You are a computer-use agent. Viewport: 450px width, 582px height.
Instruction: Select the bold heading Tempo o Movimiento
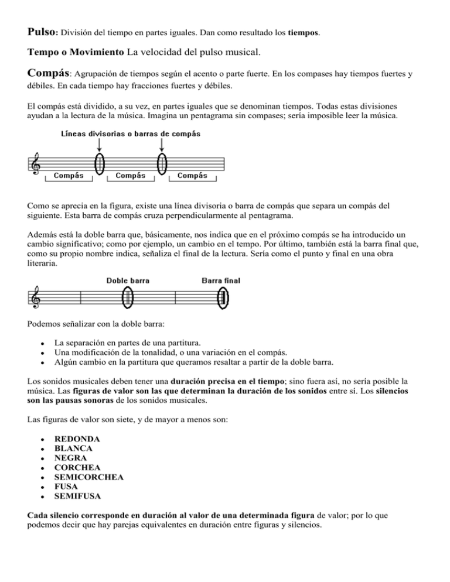pos(76,53)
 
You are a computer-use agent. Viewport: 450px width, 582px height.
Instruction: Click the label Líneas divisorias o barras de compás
pos(131,133)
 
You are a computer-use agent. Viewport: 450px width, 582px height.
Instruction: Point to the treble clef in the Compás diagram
pos(36,164)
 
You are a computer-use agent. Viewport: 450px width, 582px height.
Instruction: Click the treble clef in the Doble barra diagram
pos(36,299)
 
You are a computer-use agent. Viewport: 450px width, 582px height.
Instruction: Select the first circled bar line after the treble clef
pos(99,163)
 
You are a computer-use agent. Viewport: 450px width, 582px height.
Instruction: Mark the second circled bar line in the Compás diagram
pos(162,163)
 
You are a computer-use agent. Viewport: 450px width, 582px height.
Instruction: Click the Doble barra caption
pos(127,280)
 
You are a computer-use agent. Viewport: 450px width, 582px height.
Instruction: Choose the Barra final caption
pos(220,280)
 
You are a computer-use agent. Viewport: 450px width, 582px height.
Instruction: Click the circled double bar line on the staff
pos(127,298)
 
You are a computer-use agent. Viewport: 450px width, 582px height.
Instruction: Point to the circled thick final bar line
pos(223,298)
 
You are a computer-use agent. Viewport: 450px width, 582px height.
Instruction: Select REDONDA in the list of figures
pos(77,439)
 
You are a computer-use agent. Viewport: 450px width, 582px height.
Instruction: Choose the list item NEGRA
pos(71,458)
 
